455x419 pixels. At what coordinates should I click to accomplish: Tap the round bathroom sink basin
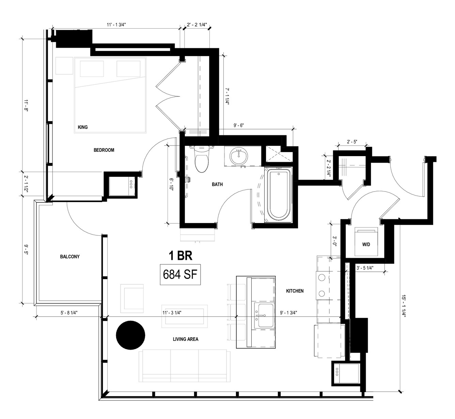click(239, 156)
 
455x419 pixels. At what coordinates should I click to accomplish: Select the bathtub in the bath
click(279, 195)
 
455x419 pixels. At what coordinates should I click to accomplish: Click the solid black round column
click(130, 335)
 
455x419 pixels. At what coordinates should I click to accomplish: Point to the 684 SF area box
click(180, 274)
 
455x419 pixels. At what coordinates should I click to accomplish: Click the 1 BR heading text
click(181, 256)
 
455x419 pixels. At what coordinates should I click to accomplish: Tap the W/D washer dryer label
click(366, 245)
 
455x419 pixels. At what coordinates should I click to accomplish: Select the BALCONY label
click(70, 256)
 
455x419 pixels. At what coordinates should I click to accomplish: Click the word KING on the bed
click(83, 127)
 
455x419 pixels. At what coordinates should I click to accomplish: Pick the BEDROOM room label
click(104, 150)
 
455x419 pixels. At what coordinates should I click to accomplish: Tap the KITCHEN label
click(295, 291)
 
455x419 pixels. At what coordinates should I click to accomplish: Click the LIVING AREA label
click(186, 339)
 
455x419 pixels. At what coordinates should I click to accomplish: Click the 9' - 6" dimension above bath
click(239, 125)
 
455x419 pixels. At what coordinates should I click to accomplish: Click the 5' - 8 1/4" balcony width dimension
click(69, 313)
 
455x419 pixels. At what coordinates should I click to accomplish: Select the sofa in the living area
click(185, 366)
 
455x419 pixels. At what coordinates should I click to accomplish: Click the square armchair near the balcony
click(132, 298)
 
